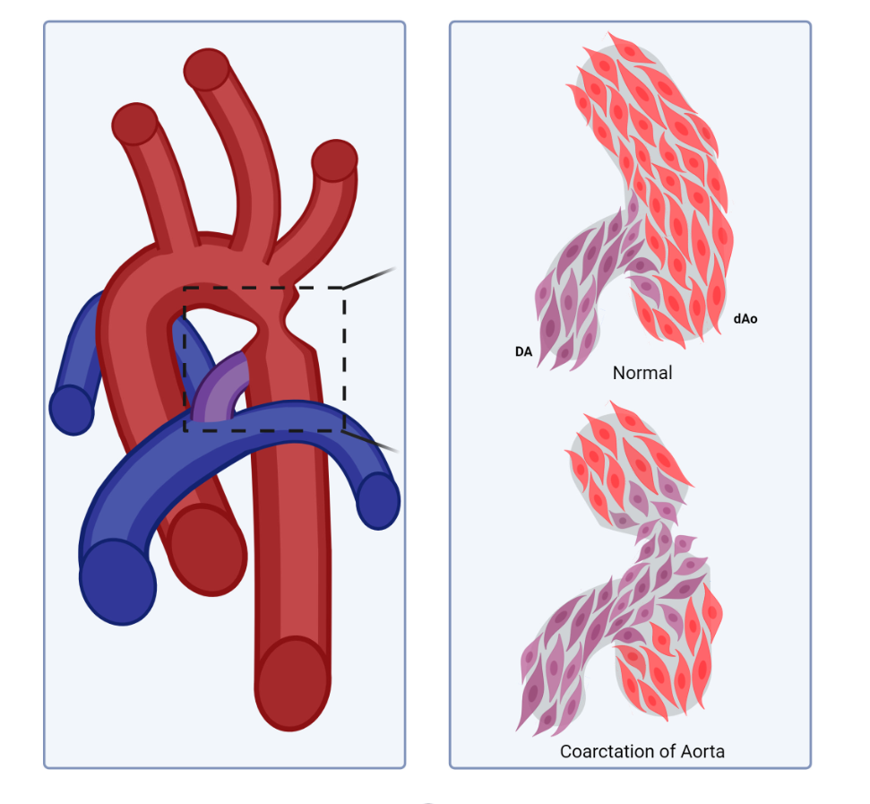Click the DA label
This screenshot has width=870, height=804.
tap(523, 352)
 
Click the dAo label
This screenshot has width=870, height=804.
tap(745, 318)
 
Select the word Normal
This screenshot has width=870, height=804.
tap(642, 373)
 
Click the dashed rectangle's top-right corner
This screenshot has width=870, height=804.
tap(344, 288)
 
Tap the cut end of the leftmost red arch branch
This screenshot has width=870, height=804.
tap(135, 123)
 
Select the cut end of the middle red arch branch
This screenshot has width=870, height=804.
tap(207, 69)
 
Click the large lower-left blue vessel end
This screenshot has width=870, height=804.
tap(117, 582)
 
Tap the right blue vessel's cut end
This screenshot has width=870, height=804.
tap(378, 500)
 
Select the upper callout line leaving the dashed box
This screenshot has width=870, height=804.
tap(370, 277)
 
